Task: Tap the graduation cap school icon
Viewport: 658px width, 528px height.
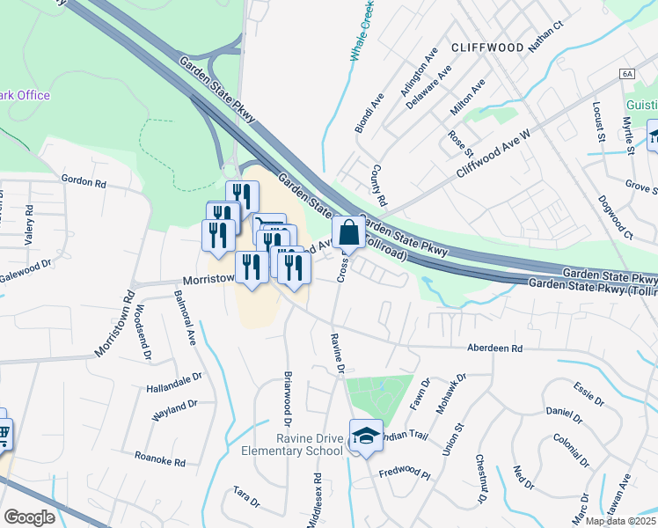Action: (366, 435)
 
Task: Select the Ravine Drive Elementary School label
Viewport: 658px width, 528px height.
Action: (292, 444)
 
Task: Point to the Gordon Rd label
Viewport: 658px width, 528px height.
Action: (84, 180)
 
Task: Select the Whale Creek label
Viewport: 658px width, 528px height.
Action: (361, 31)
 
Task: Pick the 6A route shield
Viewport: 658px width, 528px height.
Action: (626, 75)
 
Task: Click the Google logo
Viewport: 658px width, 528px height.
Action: (29, 517)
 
